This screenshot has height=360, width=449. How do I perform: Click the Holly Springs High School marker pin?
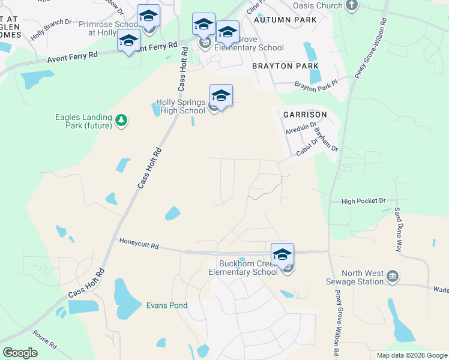click(221, 96)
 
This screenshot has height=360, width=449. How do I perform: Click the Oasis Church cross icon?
click(352, 6)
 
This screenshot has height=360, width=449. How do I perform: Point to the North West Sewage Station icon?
click(393, 277)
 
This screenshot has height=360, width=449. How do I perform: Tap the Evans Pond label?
click(167, 305)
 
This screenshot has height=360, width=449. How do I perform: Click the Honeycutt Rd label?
click(139, 245)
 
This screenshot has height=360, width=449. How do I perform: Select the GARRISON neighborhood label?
click(305, 114)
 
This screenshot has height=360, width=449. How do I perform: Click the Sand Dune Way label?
click(397, 230)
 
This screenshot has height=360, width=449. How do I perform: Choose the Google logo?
click(20, 353)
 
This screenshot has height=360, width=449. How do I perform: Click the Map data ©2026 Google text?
click(411, 355)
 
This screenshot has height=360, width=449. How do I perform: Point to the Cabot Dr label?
click(307, 148)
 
